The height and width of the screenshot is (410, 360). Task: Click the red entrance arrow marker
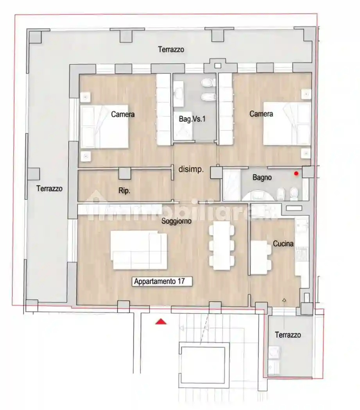point(161,321)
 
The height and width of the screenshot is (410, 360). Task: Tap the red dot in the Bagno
point(296,173)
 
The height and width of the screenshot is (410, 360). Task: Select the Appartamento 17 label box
point(162,281)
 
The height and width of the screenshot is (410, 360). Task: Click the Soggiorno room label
point(176,221)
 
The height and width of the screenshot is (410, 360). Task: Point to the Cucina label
point(283,244)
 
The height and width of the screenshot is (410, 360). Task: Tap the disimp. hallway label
point(191,169)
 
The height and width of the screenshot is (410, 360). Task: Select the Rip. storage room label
point(124,191)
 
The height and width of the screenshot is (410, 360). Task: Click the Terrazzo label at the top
point(171,50)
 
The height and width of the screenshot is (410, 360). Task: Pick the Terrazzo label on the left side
point(49,188)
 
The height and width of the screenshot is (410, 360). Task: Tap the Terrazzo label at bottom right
point(288,335)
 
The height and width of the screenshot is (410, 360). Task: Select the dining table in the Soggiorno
point(221,246)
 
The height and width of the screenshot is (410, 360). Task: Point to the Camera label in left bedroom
point(123,114)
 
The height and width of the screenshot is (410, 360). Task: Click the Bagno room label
point(262,177)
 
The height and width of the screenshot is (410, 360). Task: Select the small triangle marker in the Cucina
point(284,300)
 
